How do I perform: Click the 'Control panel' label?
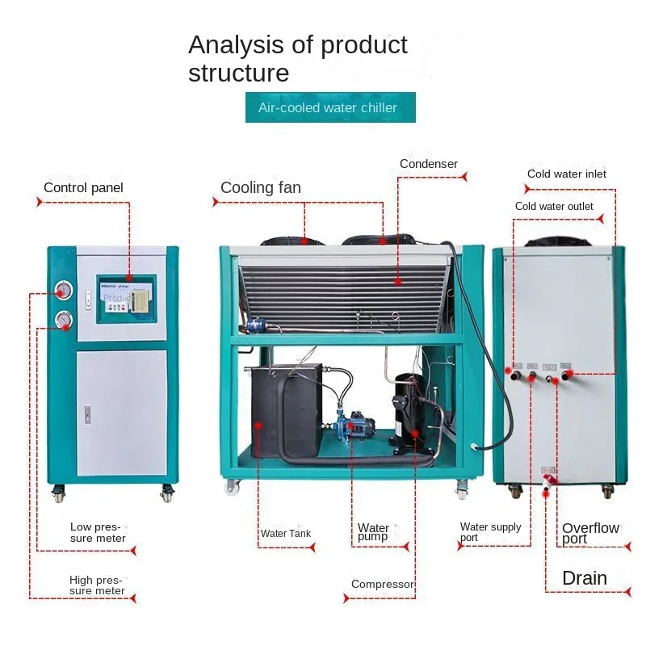pos(83,188)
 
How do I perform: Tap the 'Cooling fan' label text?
pos(260,188)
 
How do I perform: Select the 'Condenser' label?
pos(428,164)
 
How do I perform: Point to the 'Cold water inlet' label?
pos(566,174)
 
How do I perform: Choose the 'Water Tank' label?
pos(285,534)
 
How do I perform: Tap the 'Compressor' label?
pos(383,584)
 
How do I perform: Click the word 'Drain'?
pos(585,578)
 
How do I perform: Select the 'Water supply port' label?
pos(490,532)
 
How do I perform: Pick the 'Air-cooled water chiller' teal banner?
pos(330,107)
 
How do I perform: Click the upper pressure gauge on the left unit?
pos(63,290)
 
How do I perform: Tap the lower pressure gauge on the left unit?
pos(63,321)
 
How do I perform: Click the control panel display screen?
pos(126,296)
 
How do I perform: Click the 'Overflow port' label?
pos(590,533)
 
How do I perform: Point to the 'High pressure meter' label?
pos(97,585)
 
